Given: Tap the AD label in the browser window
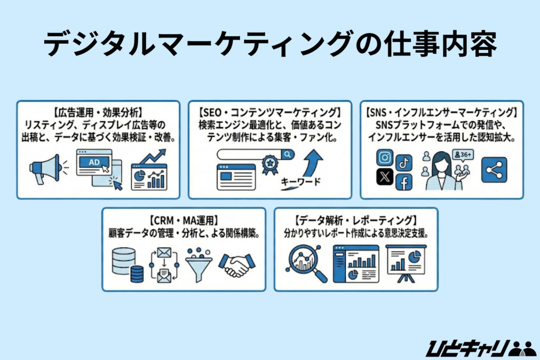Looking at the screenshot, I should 94,162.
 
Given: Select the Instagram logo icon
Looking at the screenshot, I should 385,158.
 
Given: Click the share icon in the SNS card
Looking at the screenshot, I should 494,170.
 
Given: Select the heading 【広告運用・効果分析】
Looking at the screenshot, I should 95,112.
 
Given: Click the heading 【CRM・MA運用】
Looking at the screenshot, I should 184,220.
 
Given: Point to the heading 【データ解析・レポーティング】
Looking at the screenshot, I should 356,220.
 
